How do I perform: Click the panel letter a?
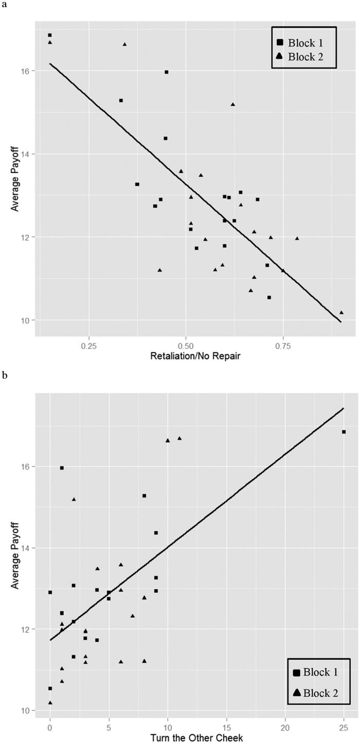[x=5, y=5]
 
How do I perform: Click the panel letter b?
[x=5, y=376]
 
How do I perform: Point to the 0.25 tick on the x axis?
[x=89, y=344]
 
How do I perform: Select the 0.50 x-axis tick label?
[x=186, y=344]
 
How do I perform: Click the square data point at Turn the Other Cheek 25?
[x=344, y=432]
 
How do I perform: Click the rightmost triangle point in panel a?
[x=341, y=312]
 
